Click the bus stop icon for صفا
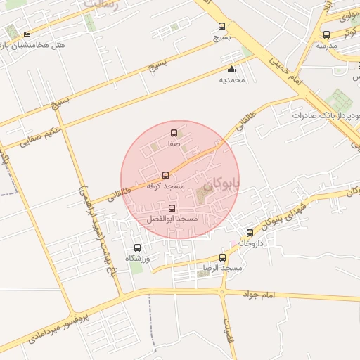pyautogui.click(x=174, y=133)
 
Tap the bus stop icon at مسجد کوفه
pyautogui.click(x=166, y=175)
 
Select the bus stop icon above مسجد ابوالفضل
pyautogui.click(x=172, y=209)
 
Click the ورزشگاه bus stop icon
pyautogui.click(x=137, y=247)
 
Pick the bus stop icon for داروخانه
pyautogui.click(x=250, y=233)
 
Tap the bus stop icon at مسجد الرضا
pyautogui.click(x=223, y=257)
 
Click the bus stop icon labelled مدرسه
pyautogui.click(x=326, y=34)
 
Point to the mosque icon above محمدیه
pyautogui.click(x=231, y=69)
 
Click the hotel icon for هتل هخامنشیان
pyautogui.click(x=27, y=34)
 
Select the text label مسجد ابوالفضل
pyautogui.click(x=172, y=220)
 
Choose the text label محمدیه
pyautogui.click(x=232, y=80)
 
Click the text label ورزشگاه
pyautogui.click(x=138, y=259)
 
